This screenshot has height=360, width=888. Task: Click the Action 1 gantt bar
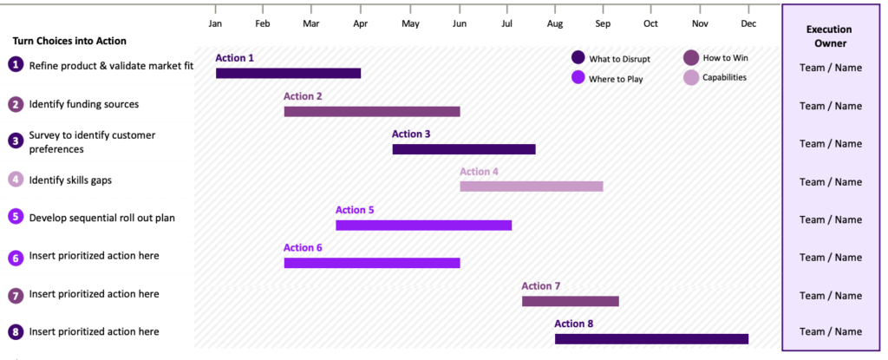[x=288, y=73]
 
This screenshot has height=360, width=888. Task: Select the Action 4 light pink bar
[x=532, y=187]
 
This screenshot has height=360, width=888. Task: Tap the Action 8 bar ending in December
[x=652, y=339]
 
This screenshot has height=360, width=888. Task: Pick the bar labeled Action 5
[x=423, y=225]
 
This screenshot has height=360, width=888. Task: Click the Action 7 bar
[x=571, y=301]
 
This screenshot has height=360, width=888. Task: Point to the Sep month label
[x=604, y=23]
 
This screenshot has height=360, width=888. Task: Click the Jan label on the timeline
[x=215, y=23]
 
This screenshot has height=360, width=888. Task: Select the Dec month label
[x=748, y=23]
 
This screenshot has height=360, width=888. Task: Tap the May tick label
[x=410, y=23]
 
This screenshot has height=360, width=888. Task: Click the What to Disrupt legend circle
[x=578, y=57]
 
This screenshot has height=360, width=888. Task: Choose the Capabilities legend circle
[x=691, y=78]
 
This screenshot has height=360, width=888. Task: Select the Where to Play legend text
[x=616, y=79]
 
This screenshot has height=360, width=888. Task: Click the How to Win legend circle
[x=691, y=57]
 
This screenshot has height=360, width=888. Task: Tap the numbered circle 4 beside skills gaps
[x=16, y=180]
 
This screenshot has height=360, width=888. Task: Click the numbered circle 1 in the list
[x=16, y=65]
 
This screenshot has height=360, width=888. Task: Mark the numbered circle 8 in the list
[x=16, y=331]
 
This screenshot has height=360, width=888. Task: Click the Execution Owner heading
[x=830, y=36]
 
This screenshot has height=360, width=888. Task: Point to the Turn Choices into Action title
[x=69, y=41]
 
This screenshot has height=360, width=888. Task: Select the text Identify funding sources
[x=84, y=104]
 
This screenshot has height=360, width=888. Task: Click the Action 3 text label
[x=411, y=134]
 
